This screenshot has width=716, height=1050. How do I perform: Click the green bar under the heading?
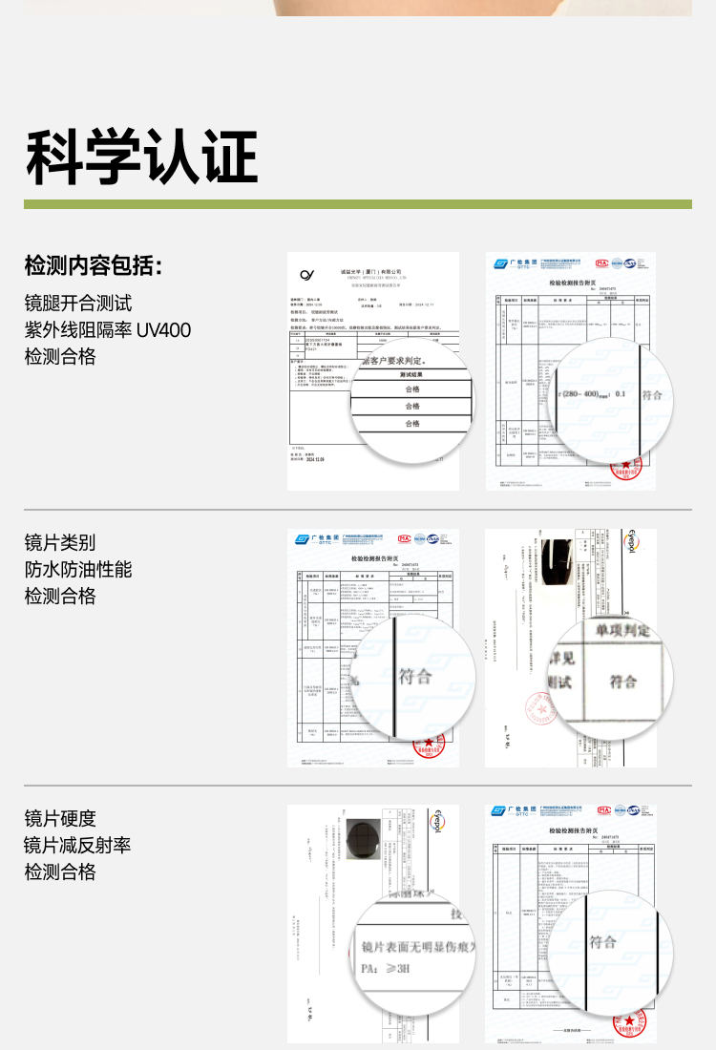pos(357,204)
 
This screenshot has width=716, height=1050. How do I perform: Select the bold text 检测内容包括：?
pos(94,265)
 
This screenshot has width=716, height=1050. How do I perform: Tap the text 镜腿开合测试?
pos(78,304)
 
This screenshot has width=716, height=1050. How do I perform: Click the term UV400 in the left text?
pos(163,330)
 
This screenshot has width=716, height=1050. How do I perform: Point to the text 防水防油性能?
pos(78,570)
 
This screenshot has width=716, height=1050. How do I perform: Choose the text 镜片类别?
pos(60,543)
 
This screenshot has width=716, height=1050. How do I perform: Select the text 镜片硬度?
pos(60,819)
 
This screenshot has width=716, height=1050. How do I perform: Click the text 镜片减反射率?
pos(78,846)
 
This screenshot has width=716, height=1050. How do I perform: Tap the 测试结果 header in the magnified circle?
pos(411,375)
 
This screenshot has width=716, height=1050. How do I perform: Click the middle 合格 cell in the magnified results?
pos(411,406)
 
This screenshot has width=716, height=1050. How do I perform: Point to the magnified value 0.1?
pos(621,393)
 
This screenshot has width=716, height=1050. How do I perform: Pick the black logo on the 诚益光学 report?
pos(307,275)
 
